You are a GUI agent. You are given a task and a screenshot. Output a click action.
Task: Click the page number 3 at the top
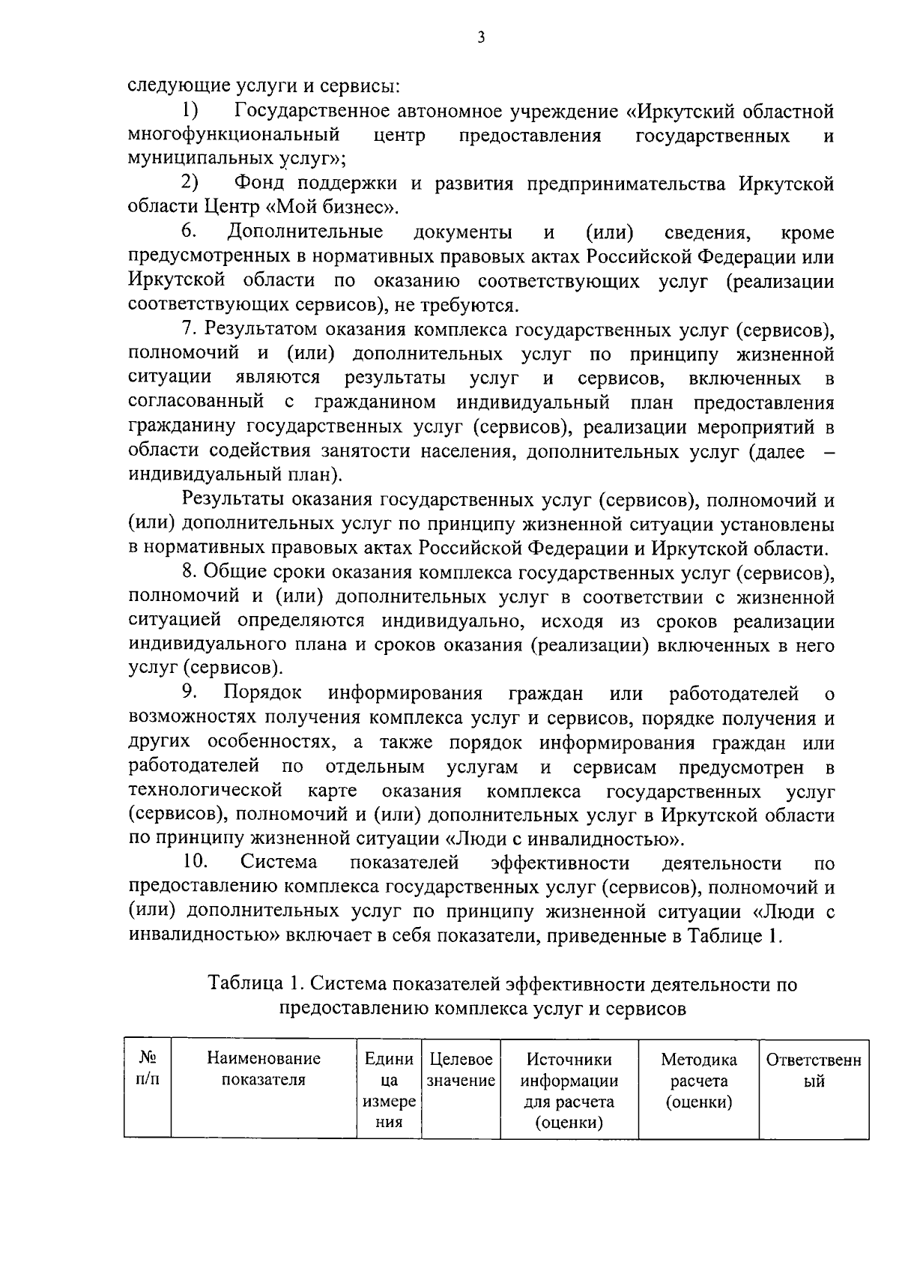point(480,38)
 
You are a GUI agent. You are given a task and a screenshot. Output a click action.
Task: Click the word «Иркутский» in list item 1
point(685,112)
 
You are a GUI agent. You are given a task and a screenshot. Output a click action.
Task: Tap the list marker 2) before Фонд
point(190,183)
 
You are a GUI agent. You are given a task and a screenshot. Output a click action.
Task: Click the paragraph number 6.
point(189,232)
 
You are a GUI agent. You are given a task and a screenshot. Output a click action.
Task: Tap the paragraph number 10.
point(194,864)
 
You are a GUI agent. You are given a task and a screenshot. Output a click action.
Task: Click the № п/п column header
point(148,1069)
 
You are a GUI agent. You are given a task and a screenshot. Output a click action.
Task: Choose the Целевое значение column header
point(461,1070)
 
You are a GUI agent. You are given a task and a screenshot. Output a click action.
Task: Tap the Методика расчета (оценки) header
point(698,1081)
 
